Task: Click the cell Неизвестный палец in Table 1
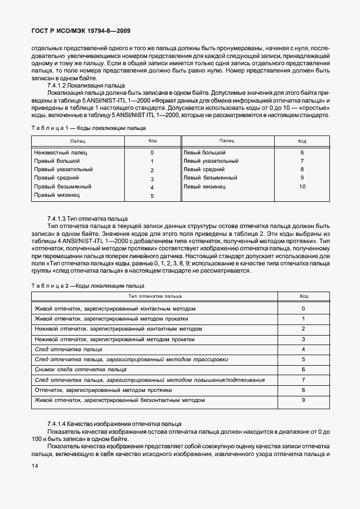click(61, 152)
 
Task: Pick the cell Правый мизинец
click(57, 196)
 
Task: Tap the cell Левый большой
click(204, 152)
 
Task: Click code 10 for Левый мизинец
click(302, 187)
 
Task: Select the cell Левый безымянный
click(210, 178)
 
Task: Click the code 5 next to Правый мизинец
click(152, 196)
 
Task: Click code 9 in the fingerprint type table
click(303, 400)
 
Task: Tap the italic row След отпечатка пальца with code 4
click(68, 349)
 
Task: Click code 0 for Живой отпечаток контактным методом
click(303, 308)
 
